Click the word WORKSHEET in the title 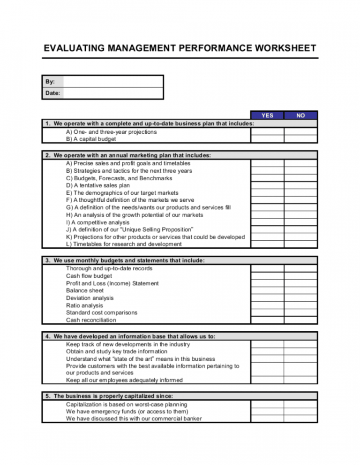coord(277,48)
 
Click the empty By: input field coord(113,81)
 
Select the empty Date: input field coord(113,93)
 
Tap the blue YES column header coord(267,115)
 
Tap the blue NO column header coord(300,115)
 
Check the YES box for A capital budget coord(267,139)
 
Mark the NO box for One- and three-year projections coord(300,132)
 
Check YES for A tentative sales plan coord(267,185)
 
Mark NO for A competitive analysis coord(300,222)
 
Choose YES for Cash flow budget coord(267,276)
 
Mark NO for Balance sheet coord(300,290)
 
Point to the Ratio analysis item coord(84,305)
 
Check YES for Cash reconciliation coord(267,320)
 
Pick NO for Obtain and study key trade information coord(300,351)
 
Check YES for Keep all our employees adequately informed coord(267,380)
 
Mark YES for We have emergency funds coord(267,412)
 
